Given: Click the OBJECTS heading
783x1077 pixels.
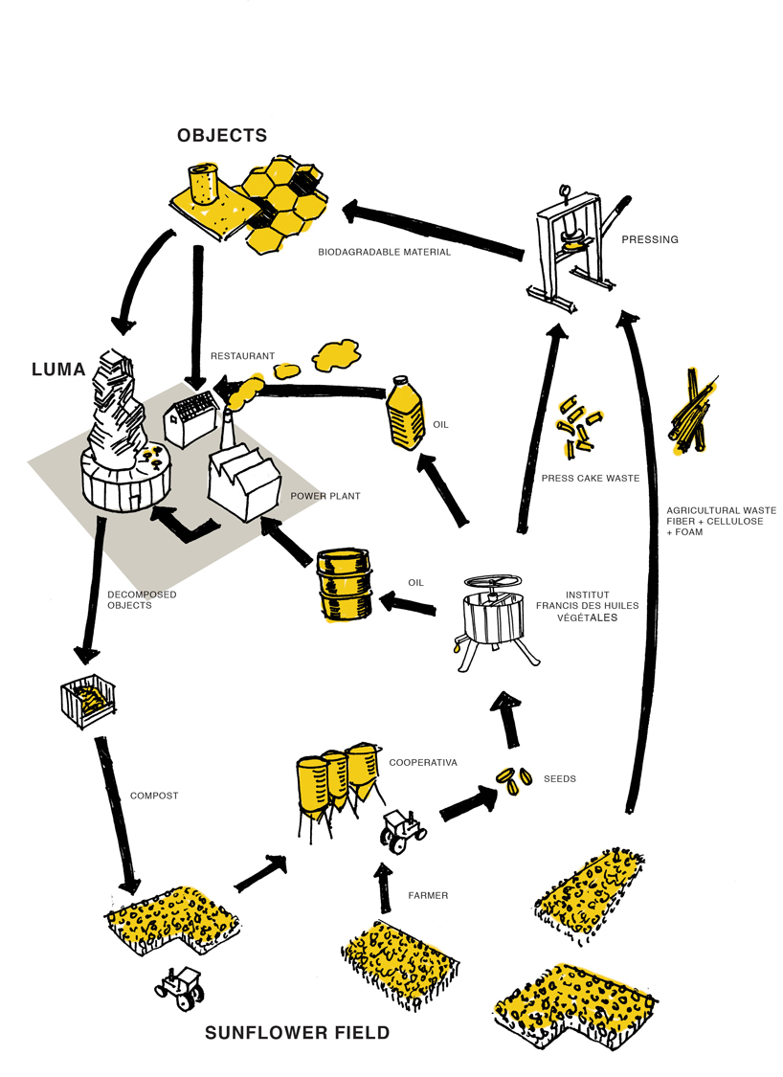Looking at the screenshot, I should pos(221,135).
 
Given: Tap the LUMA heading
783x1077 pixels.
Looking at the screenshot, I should pos(57,369).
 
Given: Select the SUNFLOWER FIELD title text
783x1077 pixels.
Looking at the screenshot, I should pos(298,1033).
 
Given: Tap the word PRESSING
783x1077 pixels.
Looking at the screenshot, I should pos(649,239).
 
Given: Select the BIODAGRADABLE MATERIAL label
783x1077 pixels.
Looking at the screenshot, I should pos(384,254).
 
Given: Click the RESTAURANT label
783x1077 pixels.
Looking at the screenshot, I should pos(242,356).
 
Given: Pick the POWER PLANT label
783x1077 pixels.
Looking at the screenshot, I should pos(325,497).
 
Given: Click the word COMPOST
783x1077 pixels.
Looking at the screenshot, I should pos(155,796).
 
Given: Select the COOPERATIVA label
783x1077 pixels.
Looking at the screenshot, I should pos(423,763).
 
